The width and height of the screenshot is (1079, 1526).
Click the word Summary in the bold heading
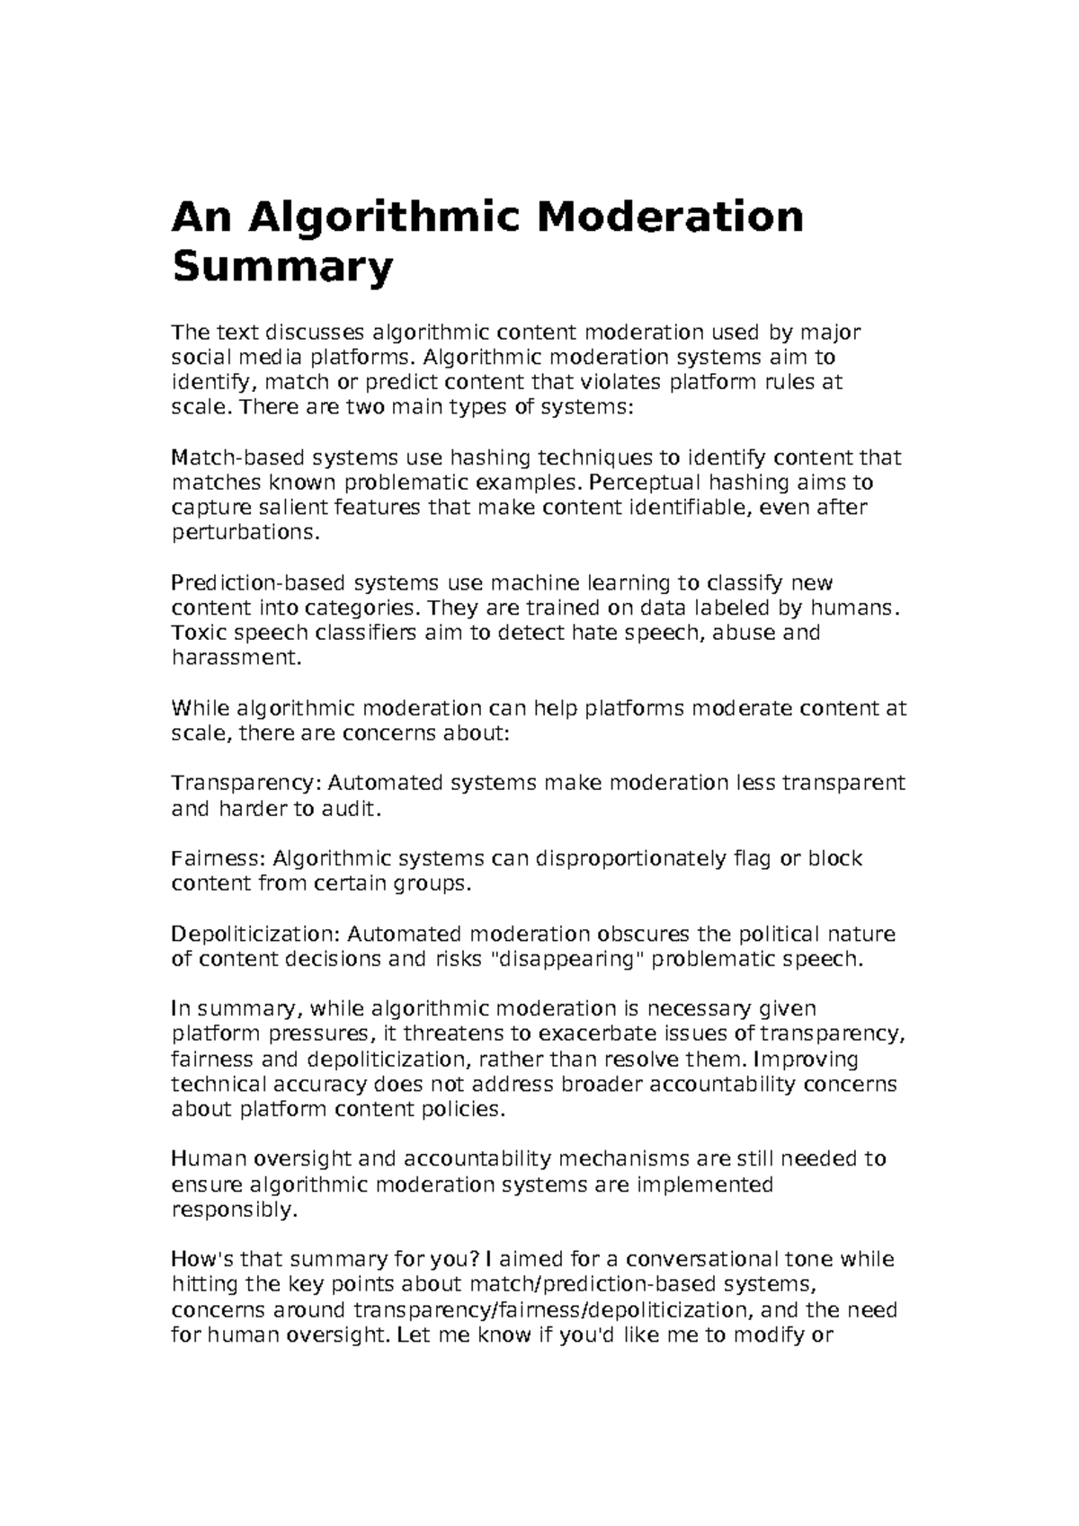tap(282, 268)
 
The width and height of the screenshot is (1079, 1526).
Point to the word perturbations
tap(245, 533)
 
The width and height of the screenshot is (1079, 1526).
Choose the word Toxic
tap(194, 633)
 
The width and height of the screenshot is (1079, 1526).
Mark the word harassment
tap(232, 658)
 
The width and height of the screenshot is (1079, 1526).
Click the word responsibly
tap(233, 1210)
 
